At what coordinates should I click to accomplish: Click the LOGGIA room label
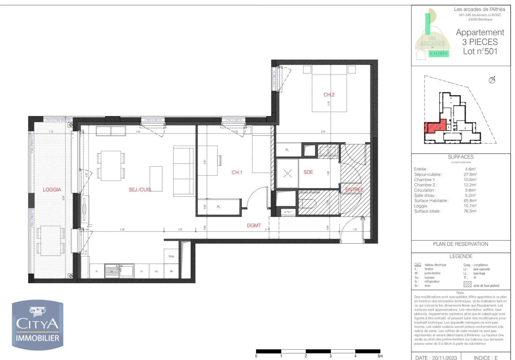point(52,189)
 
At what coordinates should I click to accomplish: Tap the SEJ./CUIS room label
point(140,189)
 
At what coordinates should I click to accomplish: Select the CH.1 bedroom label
point(237,172)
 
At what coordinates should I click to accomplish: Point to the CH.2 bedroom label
point(329,95)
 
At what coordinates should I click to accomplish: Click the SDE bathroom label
point(308,172)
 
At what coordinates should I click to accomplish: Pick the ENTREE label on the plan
point(354,189)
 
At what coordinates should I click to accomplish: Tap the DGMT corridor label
point(254,226)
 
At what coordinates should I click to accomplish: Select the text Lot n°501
point(480,51)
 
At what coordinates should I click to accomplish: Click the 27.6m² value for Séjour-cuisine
point(470,174)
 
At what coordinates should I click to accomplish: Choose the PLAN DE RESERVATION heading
point(460,244)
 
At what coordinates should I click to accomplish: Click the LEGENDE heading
point(461,256)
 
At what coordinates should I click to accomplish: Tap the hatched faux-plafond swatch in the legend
point(467,284)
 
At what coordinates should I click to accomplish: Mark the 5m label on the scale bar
point(380,356)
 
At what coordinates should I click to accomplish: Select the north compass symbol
point(492,80)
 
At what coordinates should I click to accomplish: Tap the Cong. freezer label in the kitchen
point(171,256)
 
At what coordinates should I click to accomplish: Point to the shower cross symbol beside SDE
point(287,174)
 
